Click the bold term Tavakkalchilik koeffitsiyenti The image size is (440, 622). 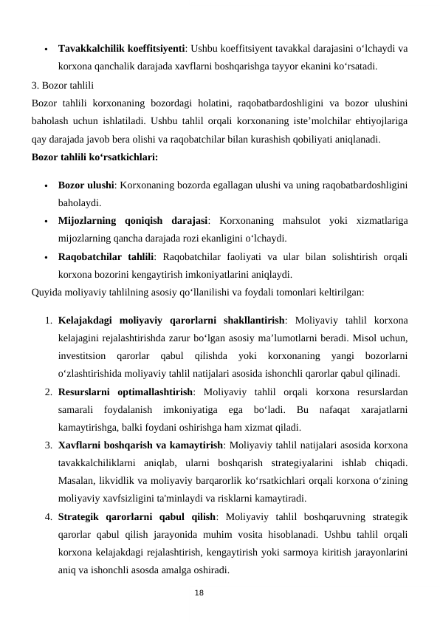point(121,49)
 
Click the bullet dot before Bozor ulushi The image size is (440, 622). point(46,185)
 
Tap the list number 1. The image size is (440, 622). point(47,321)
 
